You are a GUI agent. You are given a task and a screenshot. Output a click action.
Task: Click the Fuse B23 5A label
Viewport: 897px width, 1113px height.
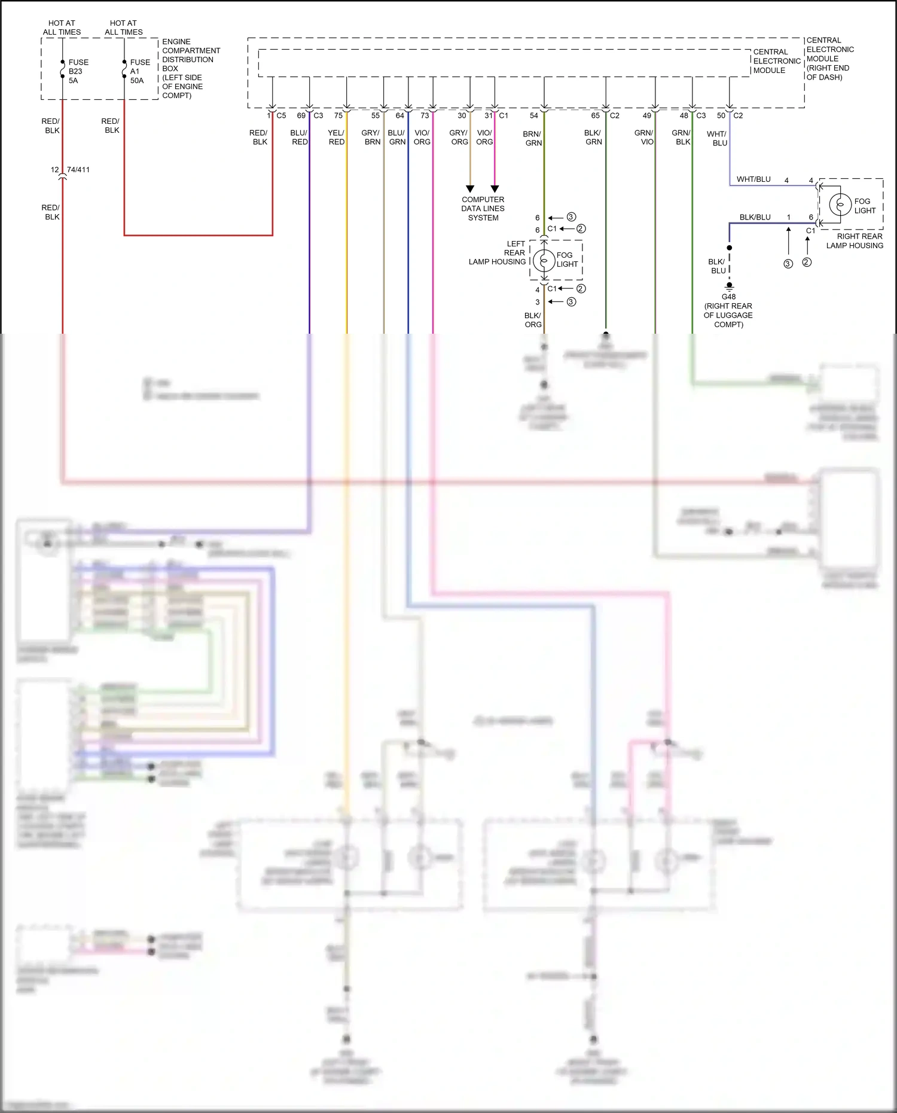[x=78, y=71]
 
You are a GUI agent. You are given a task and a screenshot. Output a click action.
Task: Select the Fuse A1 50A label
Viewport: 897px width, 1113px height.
[x=139, y=71]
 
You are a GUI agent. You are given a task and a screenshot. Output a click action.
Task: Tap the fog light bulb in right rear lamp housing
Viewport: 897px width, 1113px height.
[x=840, y=205]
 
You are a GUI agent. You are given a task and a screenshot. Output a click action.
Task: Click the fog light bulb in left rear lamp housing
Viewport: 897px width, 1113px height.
[x=544, y=260]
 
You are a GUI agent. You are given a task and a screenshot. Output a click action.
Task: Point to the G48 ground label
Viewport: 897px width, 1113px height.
[x=728, y=297]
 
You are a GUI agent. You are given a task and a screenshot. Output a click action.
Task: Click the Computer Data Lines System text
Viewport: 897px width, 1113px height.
[x=483, y=209]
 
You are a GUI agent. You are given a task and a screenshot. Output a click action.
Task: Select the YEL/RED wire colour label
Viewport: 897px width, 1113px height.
[x=336, y=138]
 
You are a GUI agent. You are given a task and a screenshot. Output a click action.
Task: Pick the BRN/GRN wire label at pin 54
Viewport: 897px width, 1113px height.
[x=532, y=139]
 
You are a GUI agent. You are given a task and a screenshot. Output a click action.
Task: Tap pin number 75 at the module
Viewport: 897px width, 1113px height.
[x=338, y=115]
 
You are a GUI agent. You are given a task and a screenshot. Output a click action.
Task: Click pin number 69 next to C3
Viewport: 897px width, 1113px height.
[x=301, y=115]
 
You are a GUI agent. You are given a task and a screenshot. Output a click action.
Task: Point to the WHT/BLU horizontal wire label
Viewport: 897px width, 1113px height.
[x=753, y=179]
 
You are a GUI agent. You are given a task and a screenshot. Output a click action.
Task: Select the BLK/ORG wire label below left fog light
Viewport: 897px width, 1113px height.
[x=533, y=320]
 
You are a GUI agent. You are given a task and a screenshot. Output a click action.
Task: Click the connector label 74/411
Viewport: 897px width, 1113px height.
[x=78, y=170]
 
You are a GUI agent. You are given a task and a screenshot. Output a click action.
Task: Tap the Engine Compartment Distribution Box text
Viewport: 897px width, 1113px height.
[x=190, y=68]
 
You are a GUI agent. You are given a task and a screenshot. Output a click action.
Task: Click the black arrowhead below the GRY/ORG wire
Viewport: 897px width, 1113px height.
[x=470, y=189]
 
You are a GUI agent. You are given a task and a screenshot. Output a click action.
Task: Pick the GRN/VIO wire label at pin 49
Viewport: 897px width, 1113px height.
[x=644, y=138]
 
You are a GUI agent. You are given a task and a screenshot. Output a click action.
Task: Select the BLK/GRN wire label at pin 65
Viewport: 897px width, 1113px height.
[x=593, y=138]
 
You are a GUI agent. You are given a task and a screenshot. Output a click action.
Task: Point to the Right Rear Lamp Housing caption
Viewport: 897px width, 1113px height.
[x=855, y=241]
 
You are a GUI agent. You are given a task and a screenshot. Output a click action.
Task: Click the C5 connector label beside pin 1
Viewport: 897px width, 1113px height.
[x=281, y=115]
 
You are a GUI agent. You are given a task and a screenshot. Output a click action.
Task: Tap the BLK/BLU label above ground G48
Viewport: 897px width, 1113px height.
[x=717, y=266]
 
